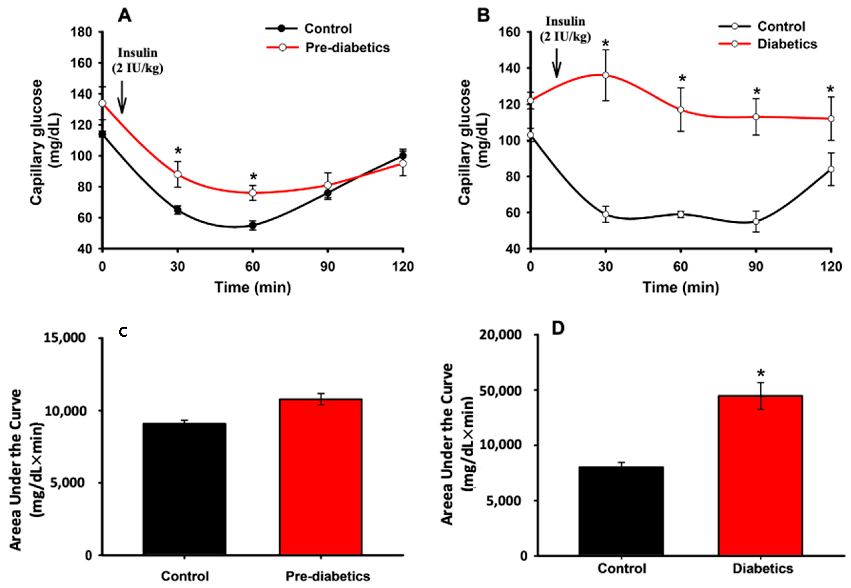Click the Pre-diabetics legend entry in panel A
(x=328, y=47)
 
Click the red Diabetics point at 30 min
(x=605, y=75)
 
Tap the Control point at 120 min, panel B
(x=831, y=169)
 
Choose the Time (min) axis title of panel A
(x=253, y=287)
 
